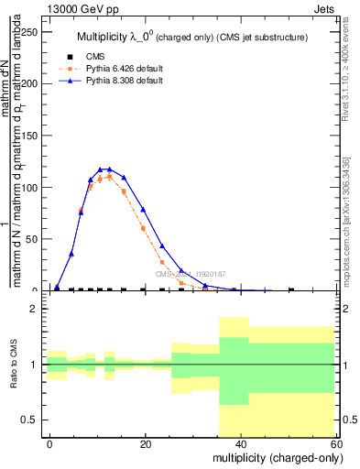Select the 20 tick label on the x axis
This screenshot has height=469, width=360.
tap(145, 443)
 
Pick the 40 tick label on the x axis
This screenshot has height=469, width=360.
tap(239, 443)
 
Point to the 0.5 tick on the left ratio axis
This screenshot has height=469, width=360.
tap(27, 420)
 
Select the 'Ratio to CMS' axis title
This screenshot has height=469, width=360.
tap(13, 365)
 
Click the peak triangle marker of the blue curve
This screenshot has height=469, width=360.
tap(110, 169)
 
